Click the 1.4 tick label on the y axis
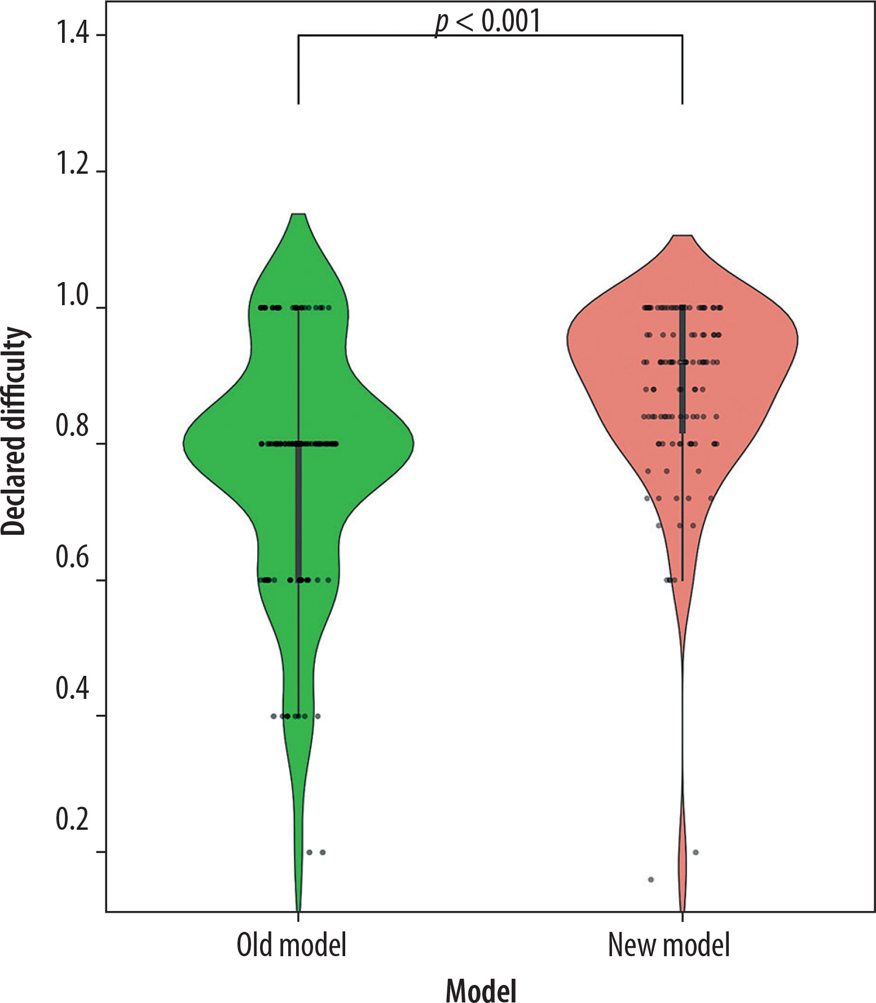point(72,34)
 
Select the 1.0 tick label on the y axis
point(72,296)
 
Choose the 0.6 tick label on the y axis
point(72,557)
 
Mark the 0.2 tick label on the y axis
point(72,819)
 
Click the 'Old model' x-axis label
point(291,945)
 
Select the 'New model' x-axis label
point(668,945)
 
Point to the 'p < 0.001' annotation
point(488,21)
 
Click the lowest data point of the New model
point(651,879)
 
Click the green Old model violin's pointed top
point(298,215)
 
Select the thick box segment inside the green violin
point(298,511)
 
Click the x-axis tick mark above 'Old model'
point(298,916)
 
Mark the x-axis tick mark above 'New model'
point(683,916)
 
